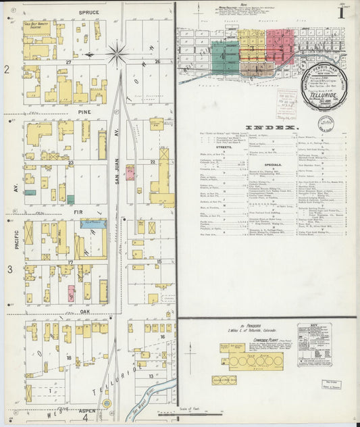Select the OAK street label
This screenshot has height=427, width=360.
click(85, 311)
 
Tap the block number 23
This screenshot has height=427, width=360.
click(70, 163)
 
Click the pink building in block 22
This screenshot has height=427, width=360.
click(130, 172)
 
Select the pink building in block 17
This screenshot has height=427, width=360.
click(72, 293)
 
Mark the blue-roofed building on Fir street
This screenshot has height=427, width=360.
click(70, 199)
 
